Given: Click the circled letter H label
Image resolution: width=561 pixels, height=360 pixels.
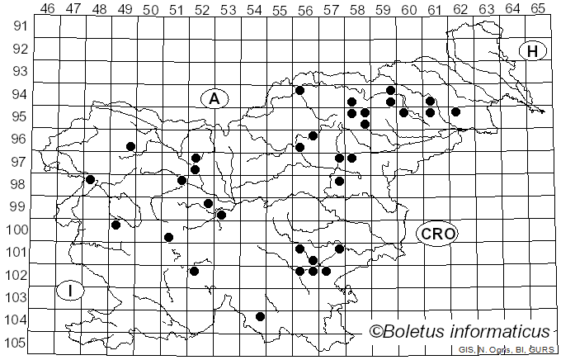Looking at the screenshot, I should (533, 51).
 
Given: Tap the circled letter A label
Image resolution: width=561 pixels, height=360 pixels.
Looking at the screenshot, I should (214, 98).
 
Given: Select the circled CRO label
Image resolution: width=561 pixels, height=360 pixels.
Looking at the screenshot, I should (437, 234).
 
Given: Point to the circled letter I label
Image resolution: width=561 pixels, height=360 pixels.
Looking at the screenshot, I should (71, 290).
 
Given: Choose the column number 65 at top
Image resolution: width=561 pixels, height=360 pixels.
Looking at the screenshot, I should (537, 9).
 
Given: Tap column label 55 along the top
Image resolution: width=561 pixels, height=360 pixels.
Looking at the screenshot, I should (280, 9).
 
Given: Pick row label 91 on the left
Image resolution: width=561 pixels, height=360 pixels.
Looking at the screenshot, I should (18, 26).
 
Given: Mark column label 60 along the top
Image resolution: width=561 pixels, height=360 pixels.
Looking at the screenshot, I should (408, 9).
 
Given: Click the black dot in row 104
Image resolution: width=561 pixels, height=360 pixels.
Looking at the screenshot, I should (260, 316).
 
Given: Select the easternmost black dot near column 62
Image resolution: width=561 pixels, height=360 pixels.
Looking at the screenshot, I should (455, 111).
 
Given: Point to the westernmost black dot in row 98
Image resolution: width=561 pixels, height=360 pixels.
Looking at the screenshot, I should (91, 179).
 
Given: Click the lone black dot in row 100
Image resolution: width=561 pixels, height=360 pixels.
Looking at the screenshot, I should (168, 237).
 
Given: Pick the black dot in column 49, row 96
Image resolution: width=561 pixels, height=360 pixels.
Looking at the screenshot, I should (130, 146).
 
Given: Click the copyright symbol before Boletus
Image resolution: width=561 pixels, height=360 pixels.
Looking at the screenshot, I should (376, 332).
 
